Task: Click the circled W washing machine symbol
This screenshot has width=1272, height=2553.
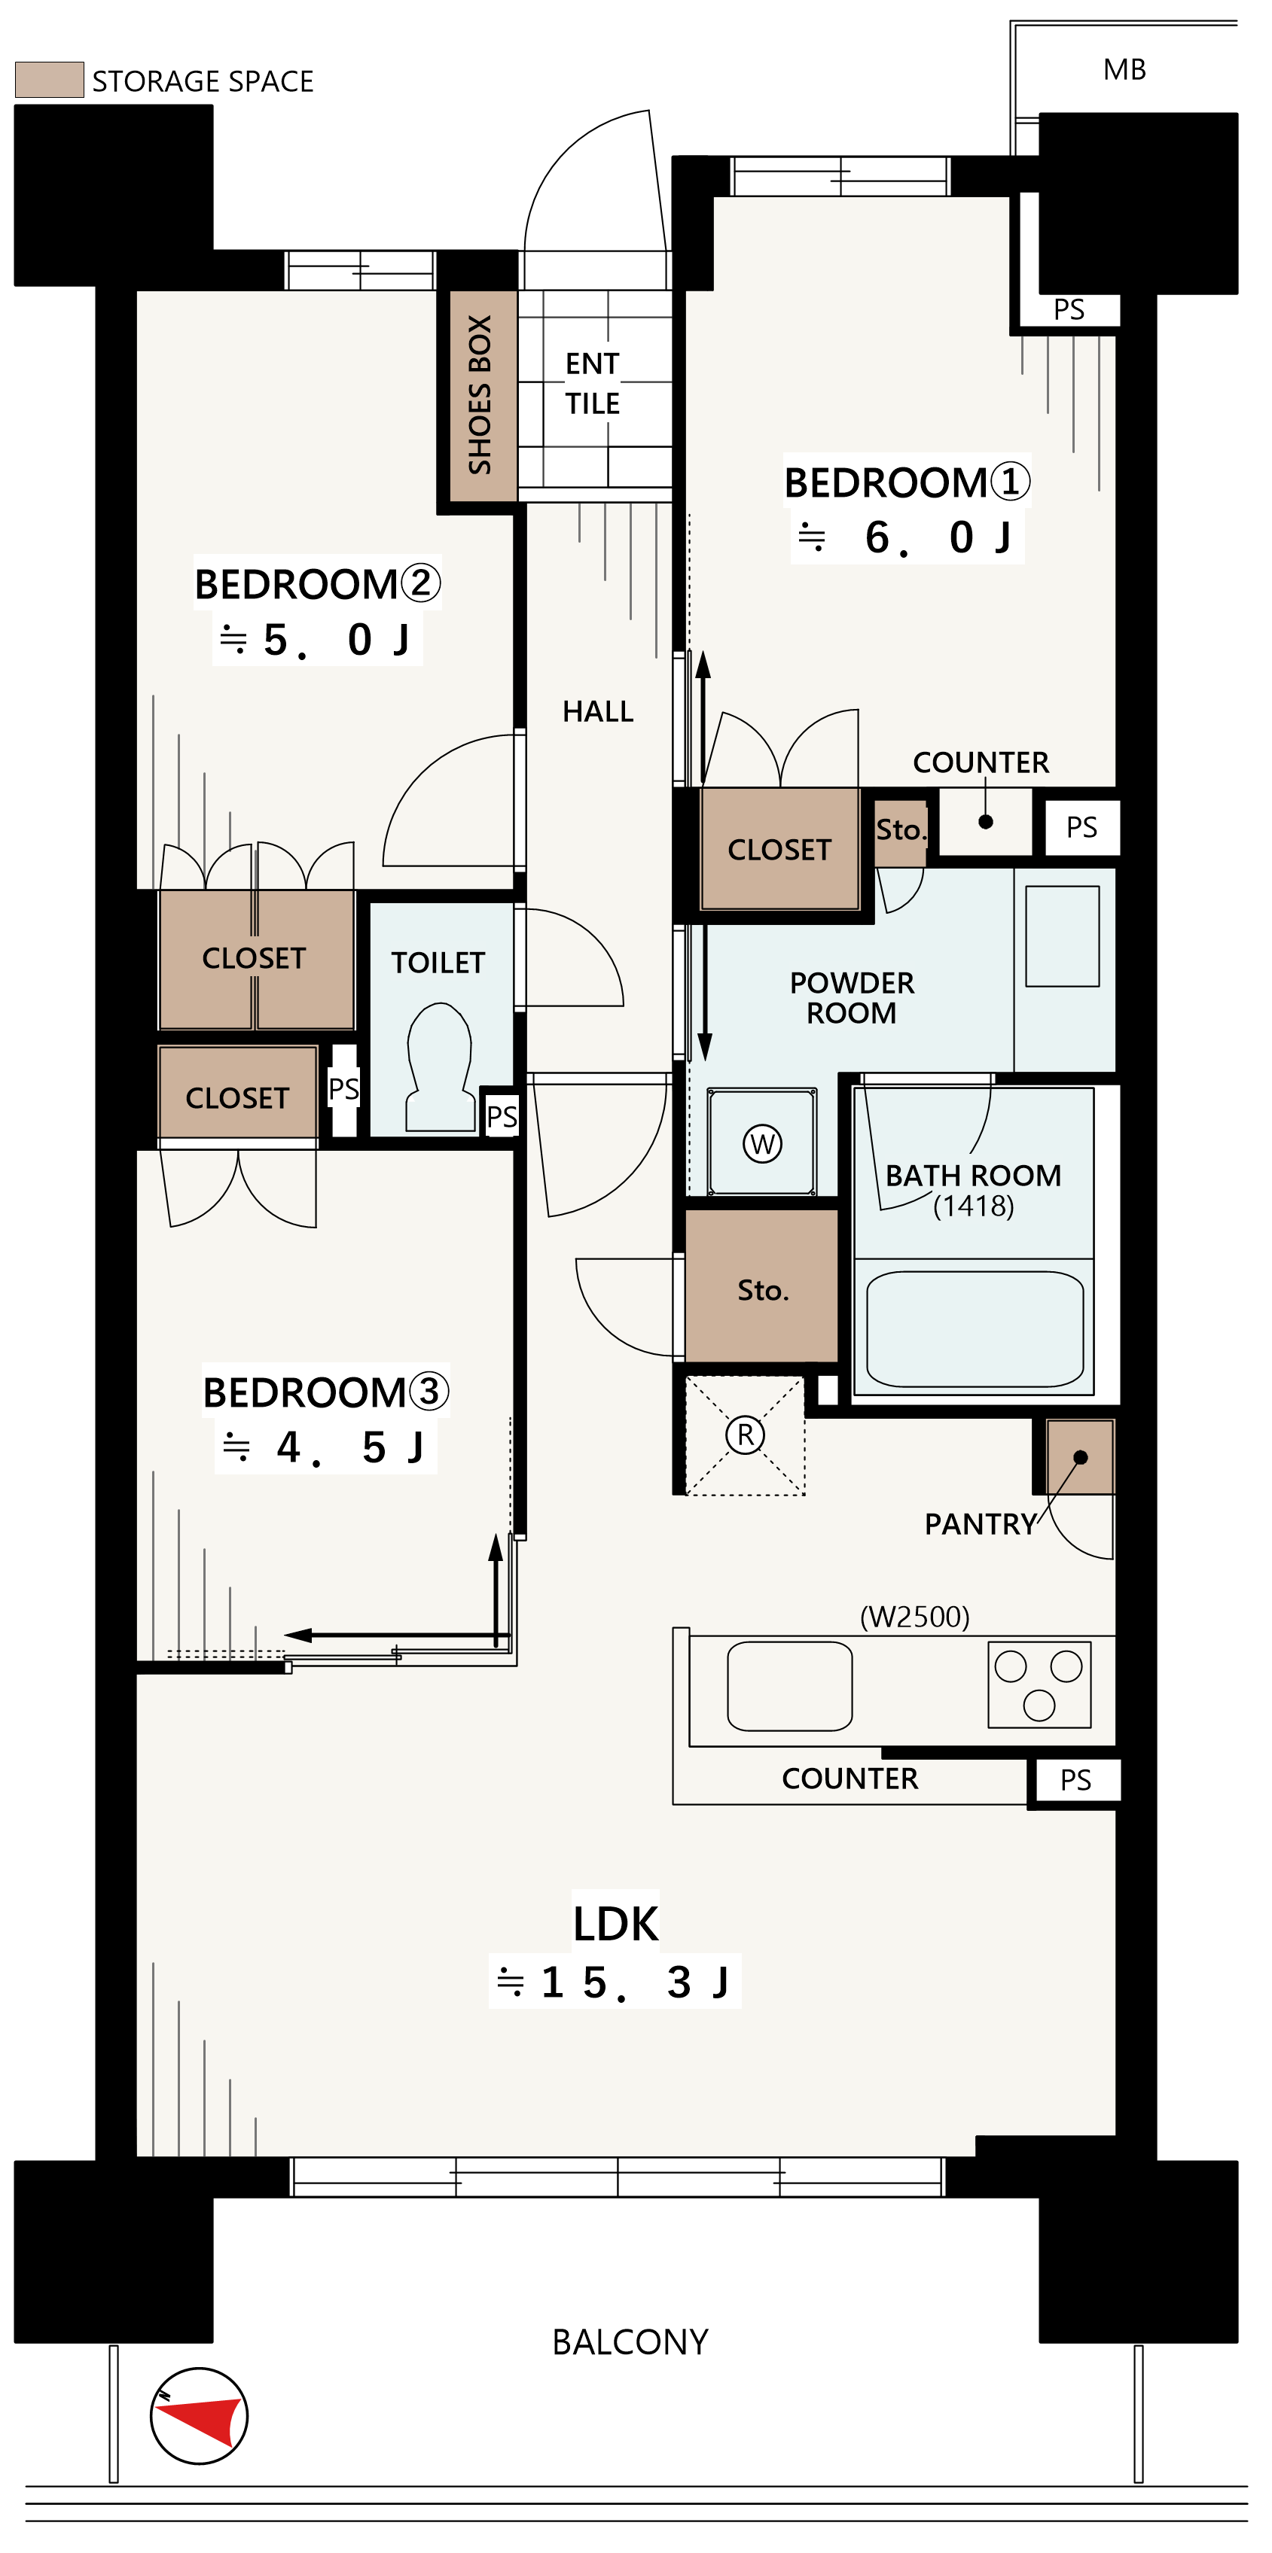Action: coord(761,1144)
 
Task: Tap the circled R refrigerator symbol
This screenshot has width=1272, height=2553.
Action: coord(746,1434)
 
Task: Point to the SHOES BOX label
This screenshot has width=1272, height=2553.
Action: coord(480,394)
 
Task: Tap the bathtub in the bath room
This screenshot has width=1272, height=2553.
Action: coord(975,1329)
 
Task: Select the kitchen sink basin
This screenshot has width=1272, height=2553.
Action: coord(789,1686)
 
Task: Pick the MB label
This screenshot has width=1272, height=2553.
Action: coord(1124,69)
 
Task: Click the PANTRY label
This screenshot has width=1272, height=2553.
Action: coord(981,1524)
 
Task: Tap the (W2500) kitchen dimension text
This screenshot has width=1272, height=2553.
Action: coord(914,1617)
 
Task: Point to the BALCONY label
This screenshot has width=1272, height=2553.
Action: coord(630,2342)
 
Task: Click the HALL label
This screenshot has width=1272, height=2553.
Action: coord(598,711)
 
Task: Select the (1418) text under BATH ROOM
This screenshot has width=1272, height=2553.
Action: coord(974,1207)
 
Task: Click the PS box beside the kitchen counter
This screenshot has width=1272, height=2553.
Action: coord(1075,1780)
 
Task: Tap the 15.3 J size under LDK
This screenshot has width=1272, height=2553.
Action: coord(615,1982)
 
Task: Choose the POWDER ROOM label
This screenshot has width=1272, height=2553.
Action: coord(852,998)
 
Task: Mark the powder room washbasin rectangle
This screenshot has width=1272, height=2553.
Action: coord(1062,936)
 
